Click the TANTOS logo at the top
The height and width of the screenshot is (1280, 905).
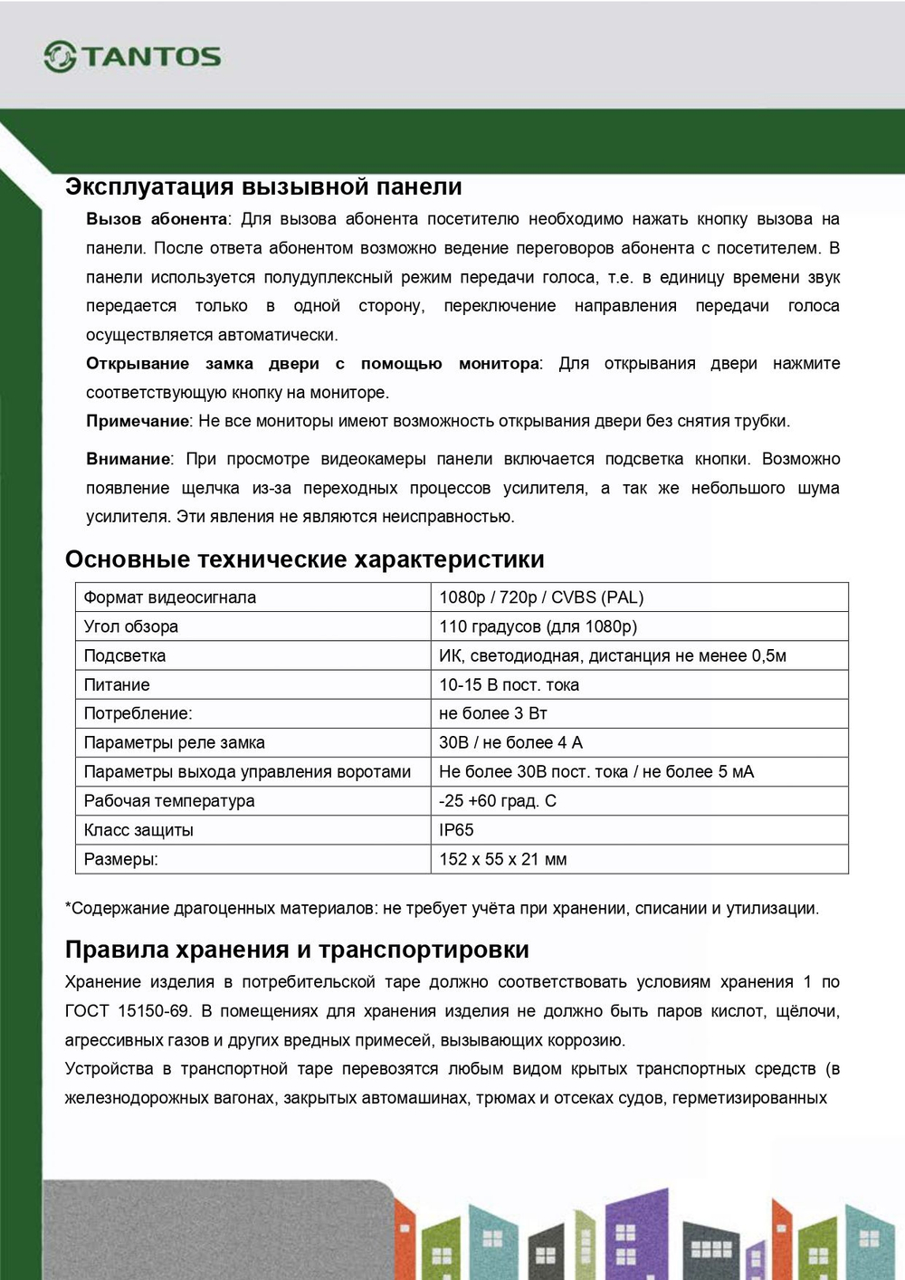click(132, 56)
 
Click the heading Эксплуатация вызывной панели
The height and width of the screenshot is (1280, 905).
click(263, 187)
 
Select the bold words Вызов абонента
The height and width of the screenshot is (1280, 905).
click(157, 219)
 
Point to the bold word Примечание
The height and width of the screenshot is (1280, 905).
click(138, 421)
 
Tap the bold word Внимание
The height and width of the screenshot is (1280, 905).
click(128, 459)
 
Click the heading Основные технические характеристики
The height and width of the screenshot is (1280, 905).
click(304, 559)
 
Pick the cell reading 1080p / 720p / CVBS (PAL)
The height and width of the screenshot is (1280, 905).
click(541, 597)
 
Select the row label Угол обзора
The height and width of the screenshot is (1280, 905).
click(131, 626)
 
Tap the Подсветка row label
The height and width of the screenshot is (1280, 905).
click(125, 655)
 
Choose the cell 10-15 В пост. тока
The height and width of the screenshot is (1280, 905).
click(509, 685)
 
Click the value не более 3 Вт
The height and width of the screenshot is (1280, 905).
click(493, 713)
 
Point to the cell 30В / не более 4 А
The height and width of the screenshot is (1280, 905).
click(510, 742)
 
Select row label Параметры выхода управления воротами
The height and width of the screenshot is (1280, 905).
click(247, 772)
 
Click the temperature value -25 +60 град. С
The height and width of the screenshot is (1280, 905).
click(498, 801)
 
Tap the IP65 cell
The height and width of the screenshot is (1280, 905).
click(456, 830)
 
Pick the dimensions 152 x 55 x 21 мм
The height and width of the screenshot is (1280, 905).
click(503, 859)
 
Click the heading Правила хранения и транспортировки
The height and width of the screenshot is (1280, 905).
click(297, 950)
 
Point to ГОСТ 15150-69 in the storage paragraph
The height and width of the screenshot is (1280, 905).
click(128, 1011)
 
